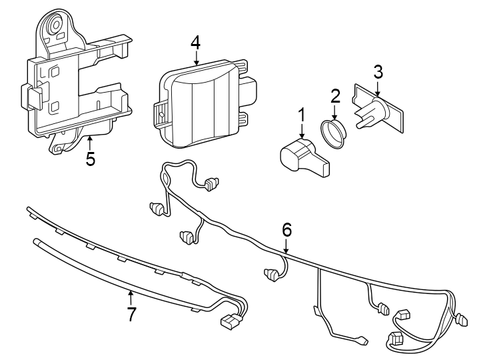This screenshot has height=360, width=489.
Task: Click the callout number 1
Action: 301,115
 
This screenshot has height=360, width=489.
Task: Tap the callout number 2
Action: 335,95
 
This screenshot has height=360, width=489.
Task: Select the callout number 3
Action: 378,71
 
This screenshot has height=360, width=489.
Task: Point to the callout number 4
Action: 195,42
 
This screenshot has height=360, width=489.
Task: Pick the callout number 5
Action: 90,159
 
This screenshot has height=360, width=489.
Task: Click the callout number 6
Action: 286,230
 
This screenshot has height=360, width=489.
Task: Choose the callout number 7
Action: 131,314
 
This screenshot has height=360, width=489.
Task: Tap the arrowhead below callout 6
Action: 286,251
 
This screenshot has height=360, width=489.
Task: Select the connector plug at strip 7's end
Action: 231,323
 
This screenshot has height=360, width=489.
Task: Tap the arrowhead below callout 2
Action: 334,117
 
